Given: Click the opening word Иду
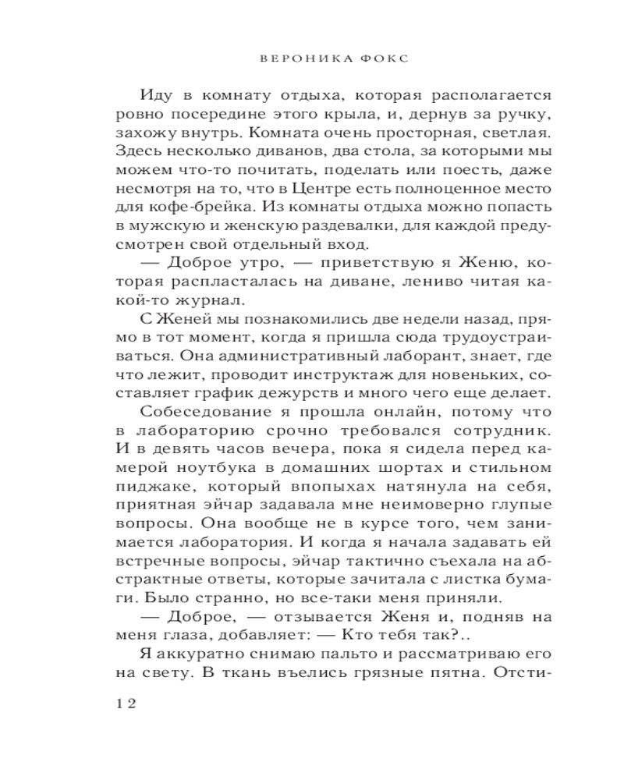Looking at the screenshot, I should [x=158, y=95].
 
